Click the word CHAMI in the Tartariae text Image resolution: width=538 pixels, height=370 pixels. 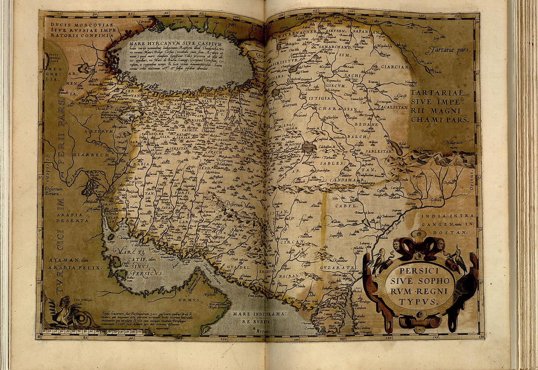point(425,119)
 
